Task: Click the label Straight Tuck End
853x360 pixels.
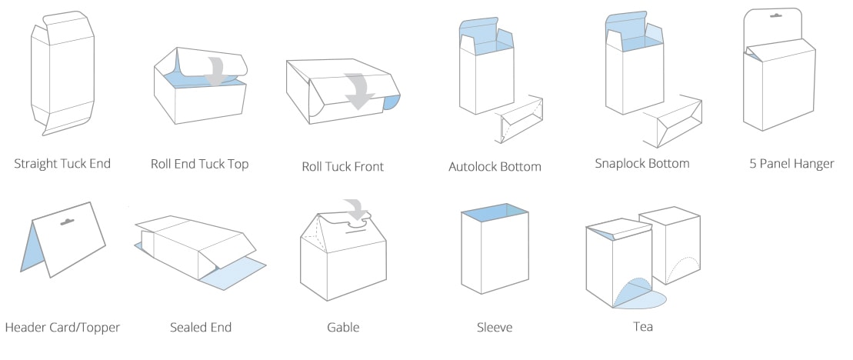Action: click(x=62, y=163)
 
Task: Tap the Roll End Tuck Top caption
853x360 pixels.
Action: click(x=199, y=164)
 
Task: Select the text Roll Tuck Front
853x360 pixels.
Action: click(x=342, y=166)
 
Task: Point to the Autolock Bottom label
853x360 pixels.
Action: click(x=495, y=166)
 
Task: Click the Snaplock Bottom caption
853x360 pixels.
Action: click(x=641, y=164)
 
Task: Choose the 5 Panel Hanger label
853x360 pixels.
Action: click(x=791, y=164)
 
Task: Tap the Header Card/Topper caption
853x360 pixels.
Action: click(x=62, y=328)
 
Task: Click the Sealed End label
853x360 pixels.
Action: click(x=201, y=328)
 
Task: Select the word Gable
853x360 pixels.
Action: click(x=343, y=328)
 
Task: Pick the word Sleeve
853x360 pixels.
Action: click(x=494, y=328)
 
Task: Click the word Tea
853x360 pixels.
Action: click(x=642, y=327)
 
